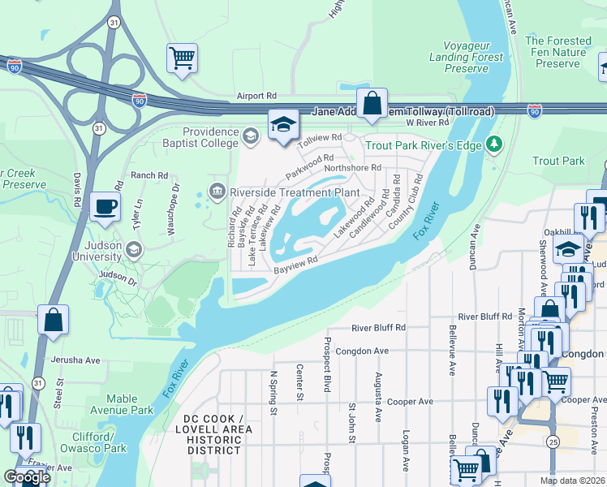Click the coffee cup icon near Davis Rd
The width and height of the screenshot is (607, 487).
(105, 206)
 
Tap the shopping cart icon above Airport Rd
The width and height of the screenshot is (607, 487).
(182, 58)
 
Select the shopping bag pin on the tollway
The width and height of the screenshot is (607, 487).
(372, 104)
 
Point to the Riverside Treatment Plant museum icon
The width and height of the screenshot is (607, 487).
(217, 192)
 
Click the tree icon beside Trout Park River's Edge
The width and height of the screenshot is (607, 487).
(493, 144)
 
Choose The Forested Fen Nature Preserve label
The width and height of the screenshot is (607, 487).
(558, 51)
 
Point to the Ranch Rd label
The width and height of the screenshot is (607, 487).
(149, 175)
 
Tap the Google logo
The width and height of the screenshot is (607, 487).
(27, 476)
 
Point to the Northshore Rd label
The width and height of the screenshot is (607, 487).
(352, 168)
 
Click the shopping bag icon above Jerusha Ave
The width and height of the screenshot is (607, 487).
(53, 319)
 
